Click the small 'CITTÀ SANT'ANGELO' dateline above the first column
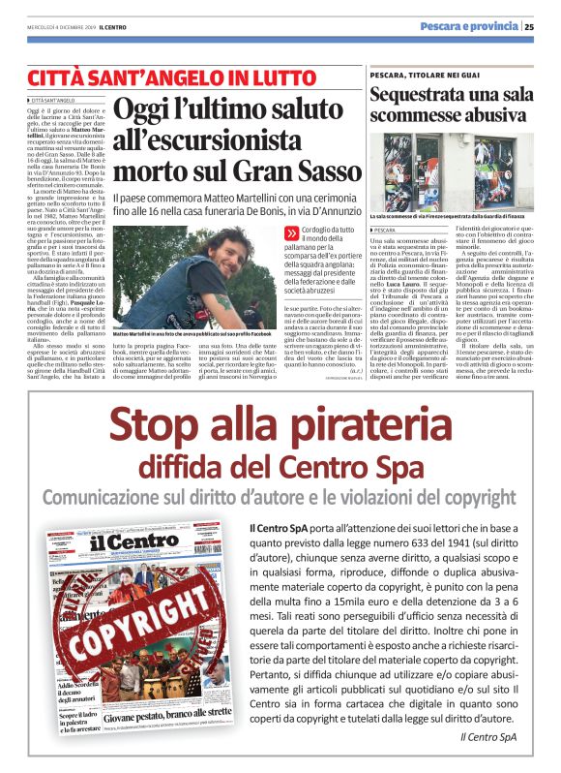coord(54,100)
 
